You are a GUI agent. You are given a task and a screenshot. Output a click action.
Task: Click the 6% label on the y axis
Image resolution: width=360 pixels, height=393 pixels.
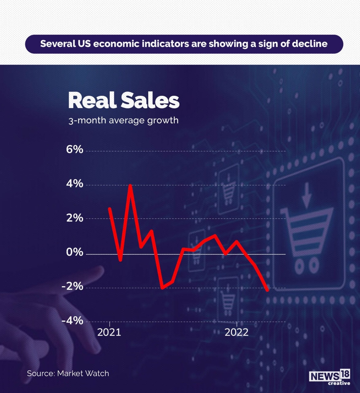[75, 150]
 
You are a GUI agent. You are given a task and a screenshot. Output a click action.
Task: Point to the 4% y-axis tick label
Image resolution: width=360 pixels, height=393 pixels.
[75, 184]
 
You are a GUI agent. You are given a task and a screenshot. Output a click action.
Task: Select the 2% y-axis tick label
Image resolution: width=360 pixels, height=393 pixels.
[75, 218]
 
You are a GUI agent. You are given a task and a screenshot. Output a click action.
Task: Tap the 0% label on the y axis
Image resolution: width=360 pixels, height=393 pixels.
[75, 252]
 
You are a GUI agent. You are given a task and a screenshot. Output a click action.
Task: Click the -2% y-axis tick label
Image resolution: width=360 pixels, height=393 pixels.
[72, 286]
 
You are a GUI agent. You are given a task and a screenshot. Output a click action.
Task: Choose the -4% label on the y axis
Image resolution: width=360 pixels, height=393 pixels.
[72, 321]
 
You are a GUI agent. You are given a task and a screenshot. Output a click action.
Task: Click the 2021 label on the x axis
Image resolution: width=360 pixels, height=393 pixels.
[109, 332]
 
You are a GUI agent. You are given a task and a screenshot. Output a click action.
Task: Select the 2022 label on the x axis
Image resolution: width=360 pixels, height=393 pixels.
[237, 332]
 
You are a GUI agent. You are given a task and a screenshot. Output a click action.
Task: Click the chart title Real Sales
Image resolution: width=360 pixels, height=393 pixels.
[123, 100]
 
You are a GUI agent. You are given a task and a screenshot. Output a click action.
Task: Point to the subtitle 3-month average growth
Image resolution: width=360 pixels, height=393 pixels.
[123, 120]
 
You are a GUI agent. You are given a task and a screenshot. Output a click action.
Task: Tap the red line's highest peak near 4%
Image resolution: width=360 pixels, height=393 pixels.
[130, 185]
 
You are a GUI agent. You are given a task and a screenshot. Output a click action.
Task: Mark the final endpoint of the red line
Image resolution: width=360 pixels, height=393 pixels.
[268, 290]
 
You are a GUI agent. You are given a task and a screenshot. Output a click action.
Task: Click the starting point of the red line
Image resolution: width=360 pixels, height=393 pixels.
[110, 208]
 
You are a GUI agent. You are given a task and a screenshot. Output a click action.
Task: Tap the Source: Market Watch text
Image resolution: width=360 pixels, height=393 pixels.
[68, 373]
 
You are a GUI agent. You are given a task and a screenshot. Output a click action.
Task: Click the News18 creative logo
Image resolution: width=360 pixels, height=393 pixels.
[330, 377]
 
